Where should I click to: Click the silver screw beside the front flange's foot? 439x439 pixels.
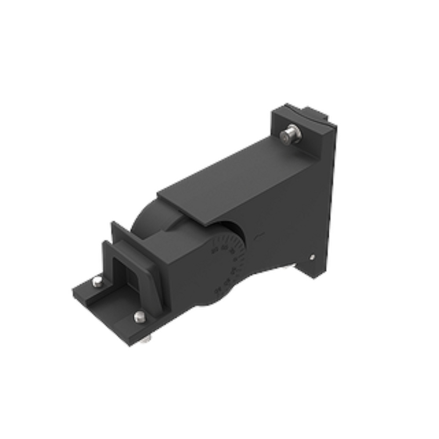(x=140, y=316)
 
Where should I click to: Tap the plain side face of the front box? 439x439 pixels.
(x=184, y=272)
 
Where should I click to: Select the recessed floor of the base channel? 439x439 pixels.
(x=112, y=307)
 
